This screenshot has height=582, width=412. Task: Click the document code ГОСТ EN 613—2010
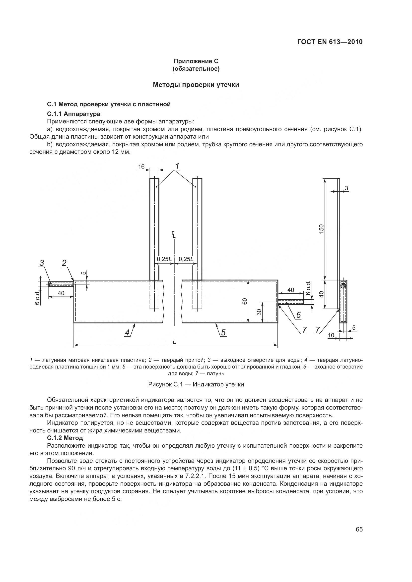coord(330,42)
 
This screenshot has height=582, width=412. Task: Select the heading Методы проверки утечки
coord(196,85)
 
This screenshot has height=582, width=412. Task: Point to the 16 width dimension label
coord(141,166)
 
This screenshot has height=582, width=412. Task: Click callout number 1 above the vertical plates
coord(177,166)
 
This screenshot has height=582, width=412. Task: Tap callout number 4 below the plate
coord(127,332)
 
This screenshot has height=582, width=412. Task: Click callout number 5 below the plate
coord(223,332)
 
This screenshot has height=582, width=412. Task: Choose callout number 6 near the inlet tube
coord(298,315)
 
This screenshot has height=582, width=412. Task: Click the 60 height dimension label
coord(245,301)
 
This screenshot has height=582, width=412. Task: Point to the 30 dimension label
coord(259,312)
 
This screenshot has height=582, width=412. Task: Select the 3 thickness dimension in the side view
coord(346,188)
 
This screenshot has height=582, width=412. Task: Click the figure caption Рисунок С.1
coord(196,384)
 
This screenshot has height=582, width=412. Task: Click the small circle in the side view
coord(343,286)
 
